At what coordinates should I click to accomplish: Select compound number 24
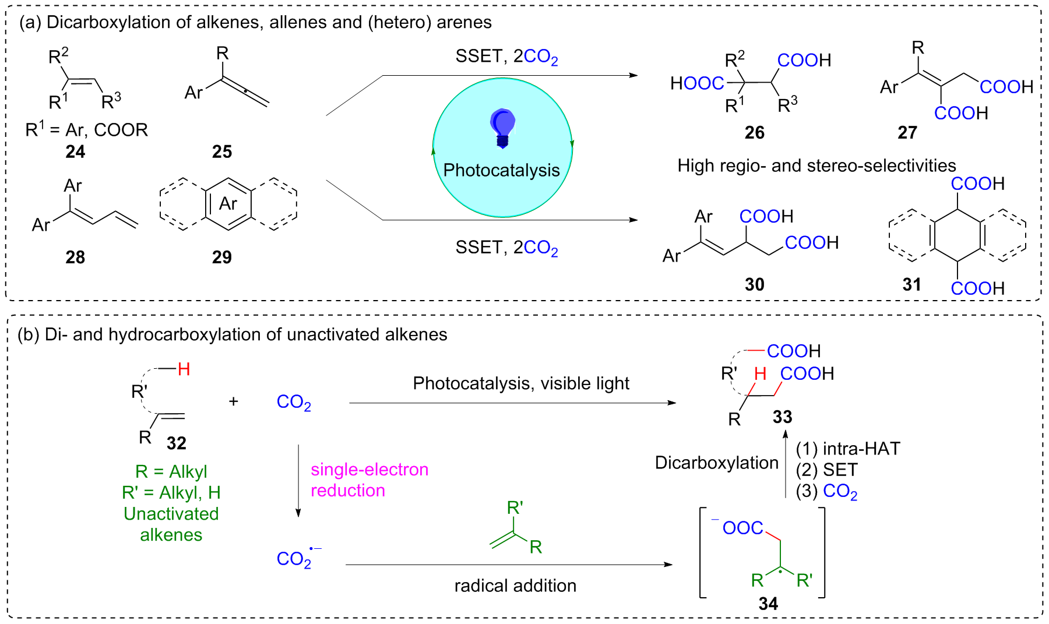click(x=75, y=152)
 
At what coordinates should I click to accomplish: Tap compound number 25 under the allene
click(x=222, y=152)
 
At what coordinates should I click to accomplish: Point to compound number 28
click(x=75, y=257)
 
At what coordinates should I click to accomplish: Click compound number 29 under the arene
click(x=222, y=257)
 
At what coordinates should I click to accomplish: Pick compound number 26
click(x=755, y=133)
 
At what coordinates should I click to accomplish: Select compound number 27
click(x=907, y=133)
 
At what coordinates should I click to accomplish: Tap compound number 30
click(x=755, y=284)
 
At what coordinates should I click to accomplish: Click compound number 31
click(x=912, y=284)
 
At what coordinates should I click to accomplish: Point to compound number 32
click(x=177, y=443)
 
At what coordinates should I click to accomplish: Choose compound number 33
click(x=783, y=417)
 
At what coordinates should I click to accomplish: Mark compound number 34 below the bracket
click(x=769, y=604)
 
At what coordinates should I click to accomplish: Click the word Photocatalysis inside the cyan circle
click(x=502, y=170)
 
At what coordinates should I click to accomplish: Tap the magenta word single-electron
click(x=369, y=470)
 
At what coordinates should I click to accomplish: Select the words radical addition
click(x=515, y=586)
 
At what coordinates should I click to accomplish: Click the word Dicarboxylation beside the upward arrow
click(x=717, y=463)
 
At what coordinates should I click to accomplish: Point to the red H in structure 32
click(x=184, y=369)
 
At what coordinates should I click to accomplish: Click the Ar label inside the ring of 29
click(x=228, y=203)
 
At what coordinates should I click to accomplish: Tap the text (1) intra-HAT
click(x=849, y=449)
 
